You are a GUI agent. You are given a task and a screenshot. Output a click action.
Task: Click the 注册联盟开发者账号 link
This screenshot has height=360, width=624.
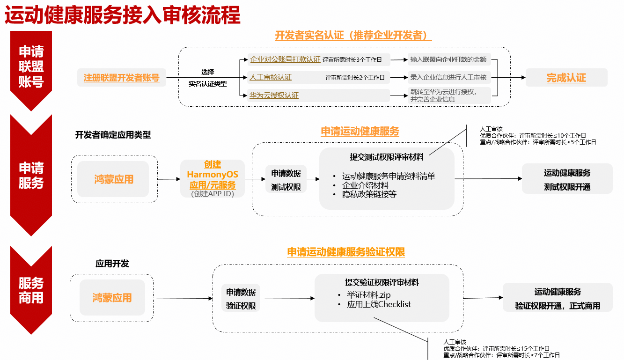pyautogui.click(x=121, y=77)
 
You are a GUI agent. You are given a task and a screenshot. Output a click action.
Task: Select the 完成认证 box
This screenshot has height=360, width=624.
pyautogui.click(x=566, y=77)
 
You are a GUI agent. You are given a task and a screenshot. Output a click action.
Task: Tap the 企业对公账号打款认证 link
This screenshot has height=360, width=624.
pyautogui.click(x=285, y=59)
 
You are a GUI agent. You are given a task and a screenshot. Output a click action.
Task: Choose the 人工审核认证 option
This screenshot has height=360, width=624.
pyautogui.click(x=271, y=77)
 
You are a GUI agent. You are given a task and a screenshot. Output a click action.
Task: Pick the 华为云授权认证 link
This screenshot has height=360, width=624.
pyautogui.click(x=274, y=96)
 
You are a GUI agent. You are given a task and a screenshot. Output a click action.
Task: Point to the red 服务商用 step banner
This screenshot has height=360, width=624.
pyautogui.click(x=31, y=290)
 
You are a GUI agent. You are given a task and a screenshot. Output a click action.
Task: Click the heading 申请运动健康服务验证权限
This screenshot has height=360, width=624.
pyautogui.click(x=346, y=252)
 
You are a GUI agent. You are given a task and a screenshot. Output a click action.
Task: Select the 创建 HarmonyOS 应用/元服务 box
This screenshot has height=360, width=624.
pyautogui.click(x=213, y=179)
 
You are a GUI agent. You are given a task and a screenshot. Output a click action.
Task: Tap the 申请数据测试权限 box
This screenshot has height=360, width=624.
pyautogui.click(x=286, y=179)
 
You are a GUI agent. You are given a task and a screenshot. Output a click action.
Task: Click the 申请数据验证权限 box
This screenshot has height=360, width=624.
pyautogui.click(x=241, y=298)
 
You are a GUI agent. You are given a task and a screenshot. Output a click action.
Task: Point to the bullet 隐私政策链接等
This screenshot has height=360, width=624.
pyautogui.click(x=369, y=194)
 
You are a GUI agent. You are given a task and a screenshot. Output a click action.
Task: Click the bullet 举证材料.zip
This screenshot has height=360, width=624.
pyautogui.click(x=368, y=295)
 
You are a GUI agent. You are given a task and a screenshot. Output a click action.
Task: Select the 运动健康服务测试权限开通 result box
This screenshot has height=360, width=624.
pyautogui.click(x=567, y=179)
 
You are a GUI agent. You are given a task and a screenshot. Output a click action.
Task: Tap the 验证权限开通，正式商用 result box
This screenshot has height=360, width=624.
pyautogui.click(x=558, y=298)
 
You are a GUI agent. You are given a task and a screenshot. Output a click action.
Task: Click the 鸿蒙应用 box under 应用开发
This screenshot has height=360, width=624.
pyautogui.click(x=112, y=298)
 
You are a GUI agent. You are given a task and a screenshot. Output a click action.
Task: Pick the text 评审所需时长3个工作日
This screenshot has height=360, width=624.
pyautogui.click(x=352, y=59)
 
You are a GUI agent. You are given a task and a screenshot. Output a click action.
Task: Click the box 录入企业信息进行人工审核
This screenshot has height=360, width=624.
pyautogui.click(x=449, y=77)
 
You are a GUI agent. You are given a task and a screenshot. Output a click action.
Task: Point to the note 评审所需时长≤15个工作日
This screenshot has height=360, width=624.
pyautogui.click(x=516, y=349)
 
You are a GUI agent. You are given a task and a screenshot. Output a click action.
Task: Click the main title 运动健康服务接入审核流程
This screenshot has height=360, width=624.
pyautogui.click(x=123, y=15)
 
